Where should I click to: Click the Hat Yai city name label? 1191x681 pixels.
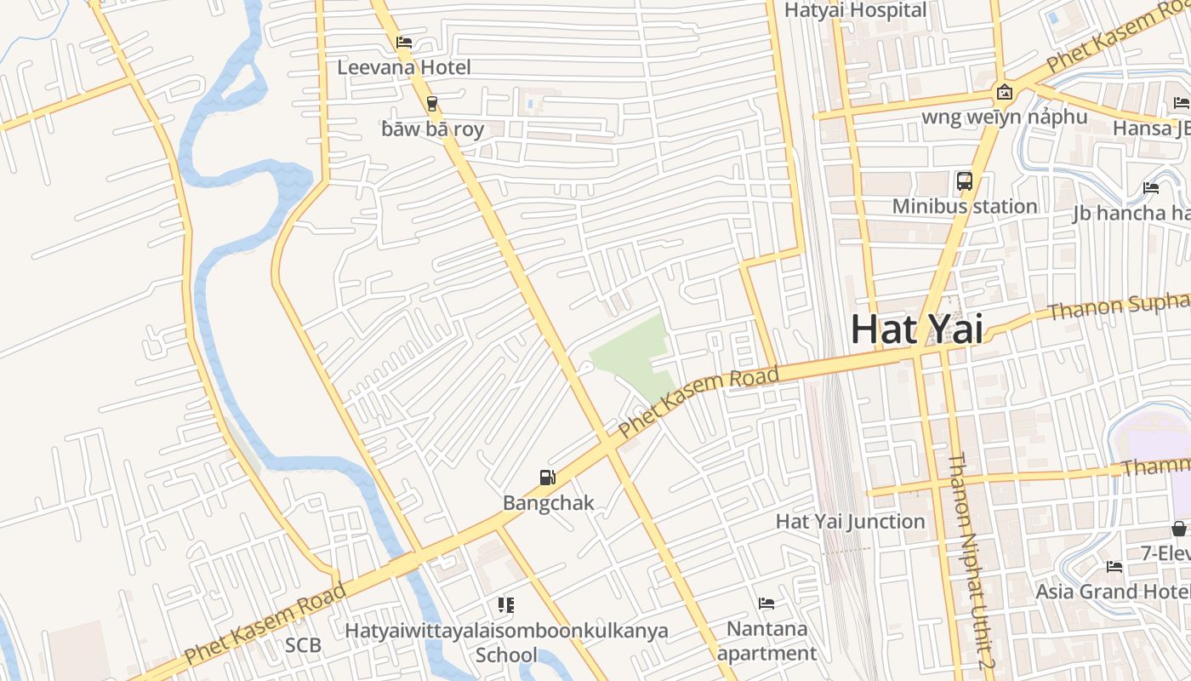click(916, 329)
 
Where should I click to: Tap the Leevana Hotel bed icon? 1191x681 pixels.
click(404, 42)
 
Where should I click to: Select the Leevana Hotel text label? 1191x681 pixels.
click(404, 66)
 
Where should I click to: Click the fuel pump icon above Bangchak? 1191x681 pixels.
click(548, 478)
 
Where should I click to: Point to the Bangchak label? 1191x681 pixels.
click(548, 502)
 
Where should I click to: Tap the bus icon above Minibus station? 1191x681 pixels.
click(965, 180)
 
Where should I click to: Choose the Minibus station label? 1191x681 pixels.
click(965, 206)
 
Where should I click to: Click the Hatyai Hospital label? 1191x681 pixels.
click(855, 10)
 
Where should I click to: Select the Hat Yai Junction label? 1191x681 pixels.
click(850, 521)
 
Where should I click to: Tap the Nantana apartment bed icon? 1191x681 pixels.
click(766, 604)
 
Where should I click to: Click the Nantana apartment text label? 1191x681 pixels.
click(766, 641)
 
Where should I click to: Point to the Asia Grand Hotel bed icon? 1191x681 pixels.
click(1114, 567)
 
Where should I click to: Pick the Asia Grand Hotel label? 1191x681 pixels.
click(1112, 591)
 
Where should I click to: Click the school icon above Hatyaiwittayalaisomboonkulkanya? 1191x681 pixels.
click(506, 605)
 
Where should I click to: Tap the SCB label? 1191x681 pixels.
click(303, 645)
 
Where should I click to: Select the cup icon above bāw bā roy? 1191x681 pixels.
click(432, 104)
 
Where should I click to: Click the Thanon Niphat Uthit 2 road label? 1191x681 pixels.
click(971, 562)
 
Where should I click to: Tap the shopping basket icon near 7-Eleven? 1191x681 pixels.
click(1179, 529)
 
